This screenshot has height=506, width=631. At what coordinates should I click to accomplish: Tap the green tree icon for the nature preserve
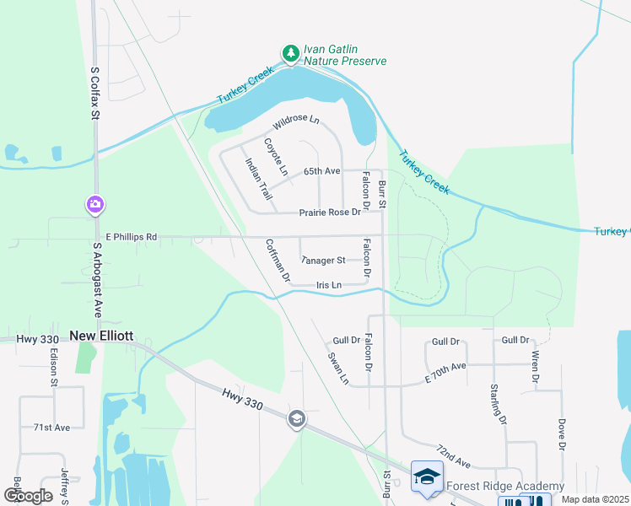coord(291,54)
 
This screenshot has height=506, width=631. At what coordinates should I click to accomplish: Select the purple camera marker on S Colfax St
coord(94,204)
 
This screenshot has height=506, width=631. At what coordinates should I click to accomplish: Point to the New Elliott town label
coord(101,335)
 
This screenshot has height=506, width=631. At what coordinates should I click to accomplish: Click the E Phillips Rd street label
coord(132,237)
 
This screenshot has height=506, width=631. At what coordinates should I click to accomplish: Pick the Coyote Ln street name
coord(276,157)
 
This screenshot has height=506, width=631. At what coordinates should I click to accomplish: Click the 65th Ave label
coord(321,171)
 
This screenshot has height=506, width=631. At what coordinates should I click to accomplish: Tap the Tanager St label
coord(323,261)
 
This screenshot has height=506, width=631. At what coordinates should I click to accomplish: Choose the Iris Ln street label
coord(329,285)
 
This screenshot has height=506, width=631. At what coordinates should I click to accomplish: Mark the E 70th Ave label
coord(445,372)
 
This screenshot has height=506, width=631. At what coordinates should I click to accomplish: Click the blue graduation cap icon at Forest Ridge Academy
coord(427,475)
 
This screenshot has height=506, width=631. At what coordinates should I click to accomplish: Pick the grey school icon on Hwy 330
coord(296,418)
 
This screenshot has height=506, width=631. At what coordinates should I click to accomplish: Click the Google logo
coord(28,496)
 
